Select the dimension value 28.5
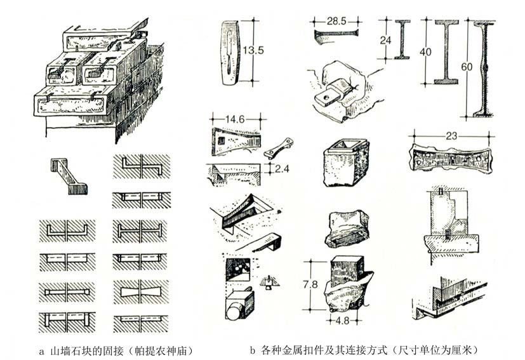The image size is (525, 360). [x=336, y=21]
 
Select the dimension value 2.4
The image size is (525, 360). [x=280, y=168]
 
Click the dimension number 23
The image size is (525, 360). [x=450, y=134]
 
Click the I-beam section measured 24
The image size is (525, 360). [x=402, y=39]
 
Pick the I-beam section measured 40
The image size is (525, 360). [x=446, y=51]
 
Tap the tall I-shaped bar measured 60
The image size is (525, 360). [x=484, y=68]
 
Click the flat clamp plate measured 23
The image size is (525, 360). [x=449, y=156]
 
